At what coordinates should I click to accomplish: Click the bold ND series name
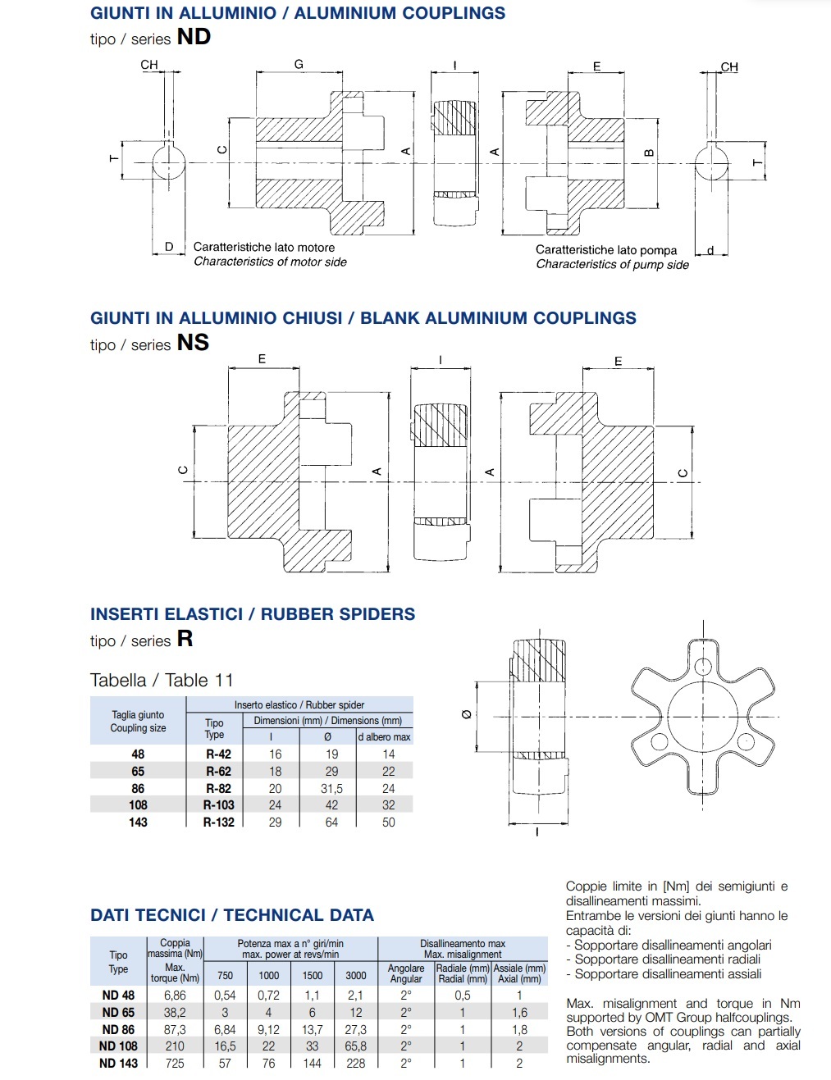coord(194,37)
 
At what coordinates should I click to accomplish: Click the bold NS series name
coord(193,343)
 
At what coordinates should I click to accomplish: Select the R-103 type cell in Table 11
coord(219,805)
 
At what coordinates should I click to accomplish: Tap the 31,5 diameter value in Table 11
coord(331,788)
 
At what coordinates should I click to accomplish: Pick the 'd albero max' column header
coord(384,737)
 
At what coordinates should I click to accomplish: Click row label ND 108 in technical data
coord(118,1046)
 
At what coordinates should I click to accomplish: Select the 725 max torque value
coord(175,1064)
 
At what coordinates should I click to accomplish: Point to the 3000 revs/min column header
coord(356,976)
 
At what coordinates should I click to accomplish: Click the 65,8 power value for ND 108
coord(356,1046)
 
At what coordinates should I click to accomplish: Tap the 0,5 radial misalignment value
coord(463,996)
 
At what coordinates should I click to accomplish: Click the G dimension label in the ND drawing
coord(299,64)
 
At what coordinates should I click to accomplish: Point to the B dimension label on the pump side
coord(649,153)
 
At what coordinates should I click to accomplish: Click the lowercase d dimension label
coord(710,250)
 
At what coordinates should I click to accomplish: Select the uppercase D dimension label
coord(169,246)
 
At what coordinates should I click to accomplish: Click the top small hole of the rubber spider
coord(703,665)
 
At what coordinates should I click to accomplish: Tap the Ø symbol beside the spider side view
coord(467,715)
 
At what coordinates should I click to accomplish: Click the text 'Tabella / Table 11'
coord(162,681)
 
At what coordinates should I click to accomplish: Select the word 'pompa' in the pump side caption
coord(658,250)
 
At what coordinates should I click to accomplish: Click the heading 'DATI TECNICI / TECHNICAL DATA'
coord(232,915)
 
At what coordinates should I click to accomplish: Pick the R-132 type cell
coord(219,823)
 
